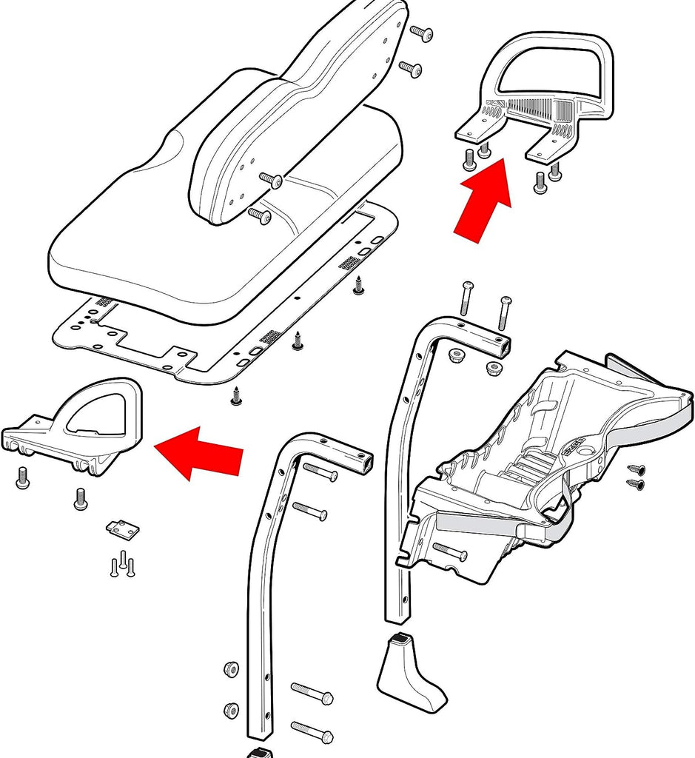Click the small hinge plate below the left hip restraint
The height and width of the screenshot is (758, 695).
(x=123, y=530)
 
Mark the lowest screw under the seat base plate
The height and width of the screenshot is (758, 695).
(x=236, y=397)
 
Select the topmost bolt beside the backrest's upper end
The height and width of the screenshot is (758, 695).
(x=420, y=33)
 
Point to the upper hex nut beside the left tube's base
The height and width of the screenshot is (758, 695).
(x=231, y=670)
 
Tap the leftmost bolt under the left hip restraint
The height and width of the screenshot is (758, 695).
(x=22, y=479)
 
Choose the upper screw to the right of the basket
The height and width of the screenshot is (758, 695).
(x=637, y=469)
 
